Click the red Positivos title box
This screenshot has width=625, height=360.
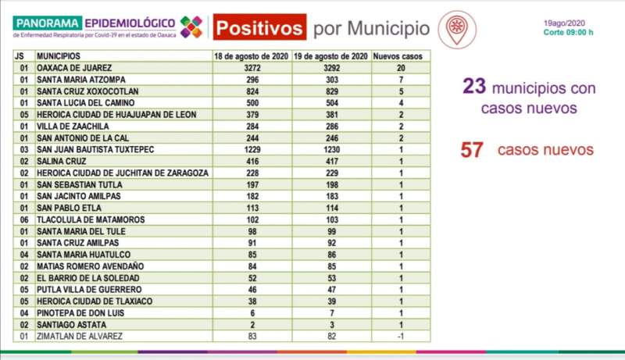coord(259,28)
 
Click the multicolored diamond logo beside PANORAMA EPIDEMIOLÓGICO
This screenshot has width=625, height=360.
coord(191,27)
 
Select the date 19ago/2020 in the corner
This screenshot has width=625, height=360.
coord(565,23)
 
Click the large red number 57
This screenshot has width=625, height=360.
coord(473,150)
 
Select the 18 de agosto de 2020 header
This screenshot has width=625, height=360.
coord(252,58)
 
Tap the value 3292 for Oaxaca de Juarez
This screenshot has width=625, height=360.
coord(331,68)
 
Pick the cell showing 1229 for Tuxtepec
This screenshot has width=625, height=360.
coord(252,148)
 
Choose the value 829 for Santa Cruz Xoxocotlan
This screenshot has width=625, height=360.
coord(331,91)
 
